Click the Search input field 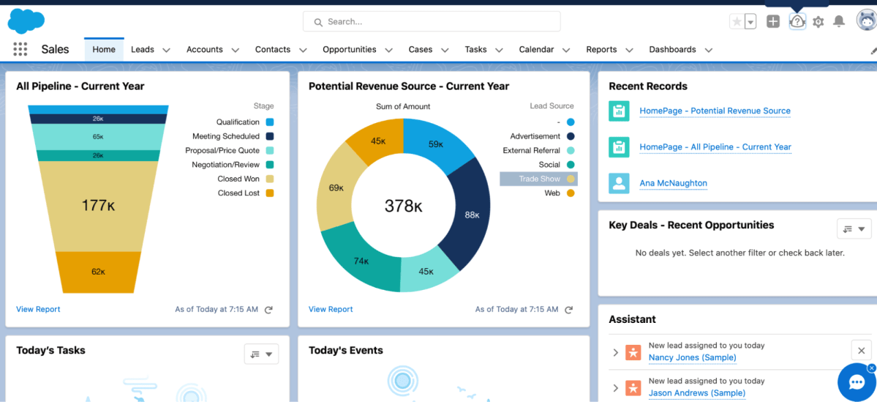[432, 22]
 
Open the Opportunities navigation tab [349, 50]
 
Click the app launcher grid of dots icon [20, 50]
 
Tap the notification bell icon [839, 22]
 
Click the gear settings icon [818, 22]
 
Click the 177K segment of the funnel [98, 206]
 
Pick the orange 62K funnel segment [98, 272]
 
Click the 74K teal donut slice [361, 260]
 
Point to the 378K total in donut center [403, 206]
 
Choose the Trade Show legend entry [539, 179]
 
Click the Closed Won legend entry [238, 179]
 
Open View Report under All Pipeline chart [38, 309]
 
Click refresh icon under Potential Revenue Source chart [568, 310]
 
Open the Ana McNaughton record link [673, 183]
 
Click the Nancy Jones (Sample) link [692, 357]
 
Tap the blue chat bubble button [857, 382]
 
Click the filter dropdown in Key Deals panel [854, 229]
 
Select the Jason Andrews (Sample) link [696, 392]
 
